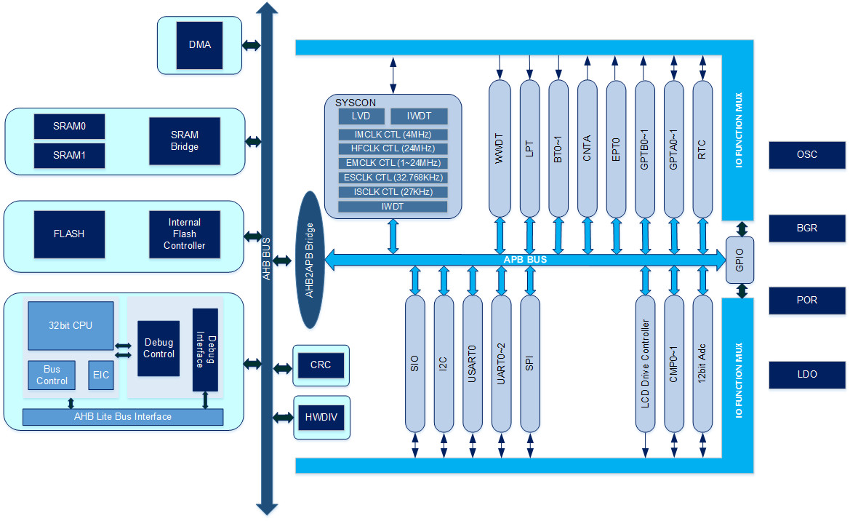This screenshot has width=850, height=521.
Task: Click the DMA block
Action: coord(200,44)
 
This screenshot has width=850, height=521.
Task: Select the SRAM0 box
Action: coord(69,126)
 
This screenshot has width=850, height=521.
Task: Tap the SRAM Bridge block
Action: coord(185,140)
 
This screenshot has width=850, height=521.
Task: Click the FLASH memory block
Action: coord(69,234)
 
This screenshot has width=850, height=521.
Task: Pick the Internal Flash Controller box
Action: coord(184,234)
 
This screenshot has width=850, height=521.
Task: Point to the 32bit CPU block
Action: coord(71,325)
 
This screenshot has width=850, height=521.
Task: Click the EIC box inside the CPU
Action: coord(100,375)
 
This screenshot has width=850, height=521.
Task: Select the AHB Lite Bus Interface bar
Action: coord(123,417)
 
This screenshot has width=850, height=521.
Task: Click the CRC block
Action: coord(320,365)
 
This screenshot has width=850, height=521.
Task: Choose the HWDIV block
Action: coord(320,417)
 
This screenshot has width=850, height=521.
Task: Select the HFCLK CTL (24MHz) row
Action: coord(393,148)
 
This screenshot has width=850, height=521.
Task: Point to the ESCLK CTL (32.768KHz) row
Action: coord(393,178)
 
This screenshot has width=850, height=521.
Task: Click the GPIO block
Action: coord(740,260)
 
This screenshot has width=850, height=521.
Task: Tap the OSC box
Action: coord(807,155)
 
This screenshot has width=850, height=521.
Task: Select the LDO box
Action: coord(807,374)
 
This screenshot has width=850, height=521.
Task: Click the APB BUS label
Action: coord(525,259)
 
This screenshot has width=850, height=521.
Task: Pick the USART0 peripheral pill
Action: coord(473,363)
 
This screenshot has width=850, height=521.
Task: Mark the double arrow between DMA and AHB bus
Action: coord(252,45)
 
